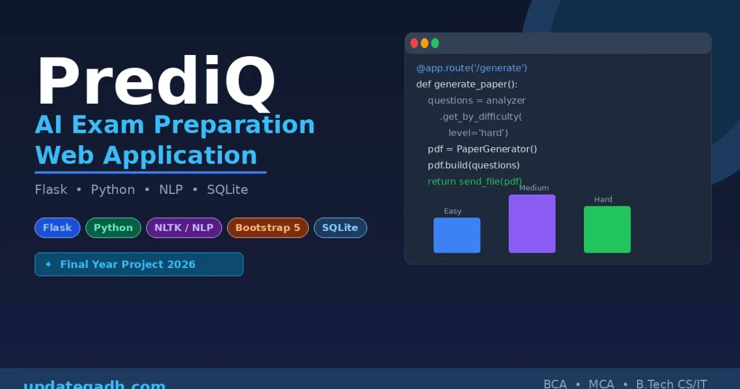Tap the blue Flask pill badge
click(x=57, y=228)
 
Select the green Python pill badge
click(x=113, y=228)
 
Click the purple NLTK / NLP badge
click(x=184, y=228)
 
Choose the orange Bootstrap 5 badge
click(x=268, y=228)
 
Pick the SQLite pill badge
click(x=340, y=228)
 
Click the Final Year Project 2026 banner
click(x=139, y=264)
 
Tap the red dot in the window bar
click(x=414, y=43)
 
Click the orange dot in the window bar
click(x=424, y=43)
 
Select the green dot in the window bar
click(x=435, y=43)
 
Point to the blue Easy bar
click(x=456, y=235)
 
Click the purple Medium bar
click(x=532, y=224)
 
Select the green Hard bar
click(x=607, y=230)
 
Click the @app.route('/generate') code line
click(x=472, y=68)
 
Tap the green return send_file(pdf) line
click(x=475, y=182)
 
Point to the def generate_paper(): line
click(x=467, y=84)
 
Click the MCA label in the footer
click(x=601, y=384)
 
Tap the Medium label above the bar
click(x=533, y=188)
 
